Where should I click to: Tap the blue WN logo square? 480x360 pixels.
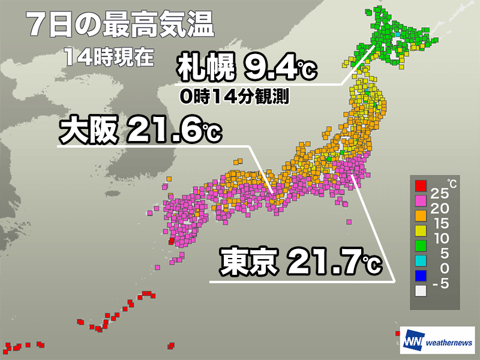[x=412, y=341]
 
